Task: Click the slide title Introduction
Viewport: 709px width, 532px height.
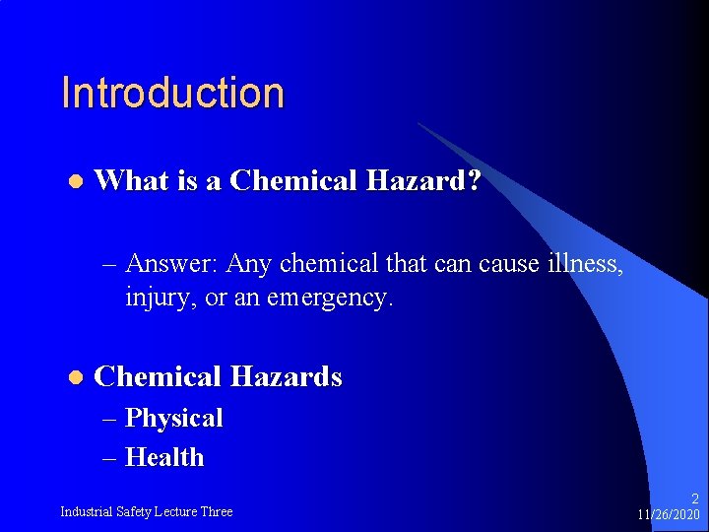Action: point(172,94)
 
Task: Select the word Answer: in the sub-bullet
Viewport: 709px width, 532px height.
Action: point(173,265)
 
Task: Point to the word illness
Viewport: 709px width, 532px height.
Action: point(588,264)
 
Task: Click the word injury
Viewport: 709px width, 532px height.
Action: point(153,297)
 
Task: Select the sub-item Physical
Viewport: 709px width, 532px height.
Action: point(174,419)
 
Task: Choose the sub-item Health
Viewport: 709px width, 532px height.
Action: point(165,458)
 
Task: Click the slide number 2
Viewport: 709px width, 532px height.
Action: point(694,499)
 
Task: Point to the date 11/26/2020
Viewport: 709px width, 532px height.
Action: point(669,515)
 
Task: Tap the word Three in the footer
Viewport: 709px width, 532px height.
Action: point(217,511)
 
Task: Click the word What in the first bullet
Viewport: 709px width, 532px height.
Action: point(126,181)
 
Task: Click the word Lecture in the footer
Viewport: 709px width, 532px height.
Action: point(174,511)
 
